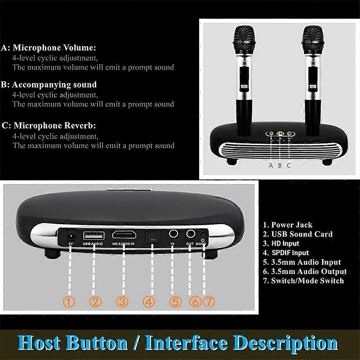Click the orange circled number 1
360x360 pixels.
click(69, 302)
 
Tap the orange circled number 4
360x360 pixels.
click(149, 302)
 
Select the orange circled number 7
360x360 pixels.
click(209, 302)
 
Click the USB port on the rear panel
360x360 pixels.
click(94, 236)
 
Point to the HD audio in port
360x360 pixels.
click(124, 235)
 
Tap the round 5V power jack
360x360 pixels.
click(71, 235)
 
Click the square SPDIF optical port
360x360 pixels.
click(152, 237)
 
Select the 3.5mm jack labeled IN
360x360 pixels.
click(174, 234)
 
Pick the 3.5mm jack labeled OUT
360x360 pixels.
click(190, 234)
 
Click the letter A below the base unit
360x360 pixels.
click(271, 165)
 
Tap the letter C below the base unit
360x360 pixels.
click(289, 165)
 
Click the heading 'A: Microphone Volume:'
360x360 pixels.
click(49, 48)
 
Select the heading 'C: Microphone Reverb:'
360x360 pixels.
click(49, 126)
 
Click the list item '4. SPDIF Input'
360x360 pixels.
click(286, 253)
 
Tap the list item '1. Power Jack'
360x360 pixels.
click(288, 225)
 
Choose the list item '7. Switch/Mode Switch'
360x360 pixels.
click(303, 281)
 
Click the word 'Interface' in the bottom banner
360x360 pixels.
click(186, 343)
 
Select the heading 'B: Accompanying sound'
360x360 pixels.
click(49, 85)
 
